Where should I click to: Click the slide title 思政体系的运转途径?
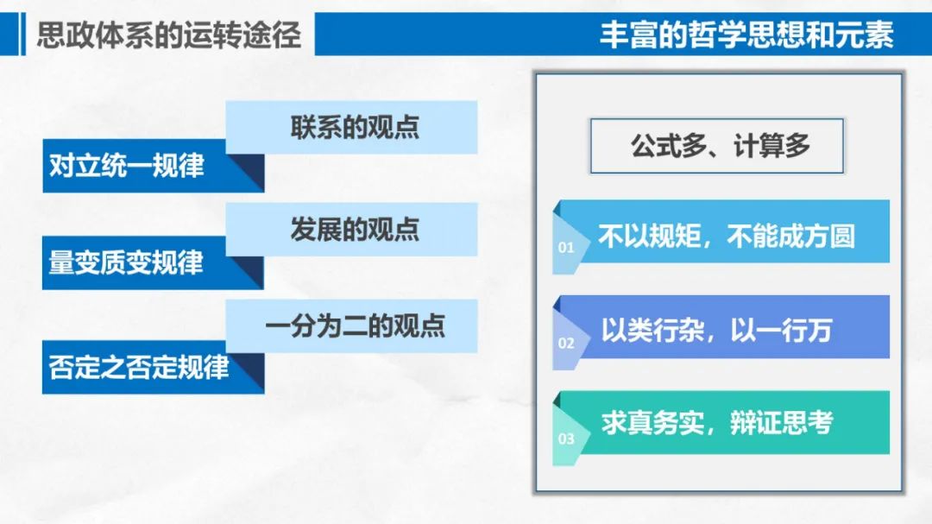pos(169,35)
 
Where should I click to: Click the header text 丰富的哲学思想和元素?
pos(746,35)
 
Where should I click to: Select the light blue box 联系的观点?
pos(352,127)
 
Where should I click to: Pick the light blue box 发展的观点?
pos(352,230)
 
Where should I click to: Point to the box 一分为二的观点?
pos(352,326)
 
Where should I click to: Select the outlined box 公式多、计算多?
pos(717,146)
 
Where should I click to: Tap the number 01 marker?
pos(566,248)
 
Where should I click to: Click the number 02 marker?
pos(566,344)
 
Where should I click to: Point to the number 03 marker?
pos(566,439)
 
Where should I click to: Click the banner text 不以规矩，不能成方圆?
pos(727,237)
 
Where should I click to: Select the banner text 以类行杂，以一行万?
pos(716,330)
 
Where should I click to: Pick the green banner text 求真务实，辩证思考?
pos(717,423)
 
